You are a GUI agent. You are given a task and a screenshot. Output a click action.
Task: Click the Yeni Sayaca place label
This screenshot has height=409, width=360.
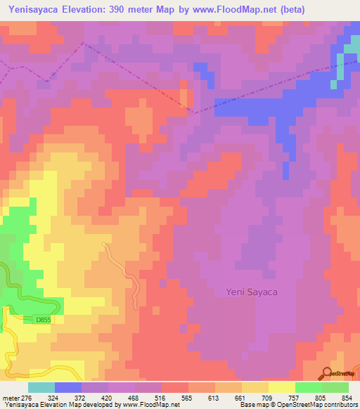(252, 291)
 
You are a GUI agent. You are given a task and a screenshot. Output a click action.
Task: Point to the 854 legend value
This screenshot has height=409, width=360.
(340, 397)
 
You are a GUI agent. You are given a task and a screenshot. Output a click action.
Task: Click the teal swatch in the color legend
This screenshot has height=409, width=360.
(41, 387)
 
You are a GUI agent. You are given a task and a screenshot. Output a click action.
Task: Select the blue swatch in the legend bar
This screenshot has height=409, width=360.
(68, 387)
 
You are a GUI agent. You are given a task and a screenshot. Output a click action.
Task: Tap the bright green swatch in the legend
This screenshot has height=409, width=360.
(309, 387)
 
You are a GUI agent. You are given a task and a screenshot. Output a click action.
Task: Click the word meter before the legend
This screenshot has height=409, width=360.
(10, 397)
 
